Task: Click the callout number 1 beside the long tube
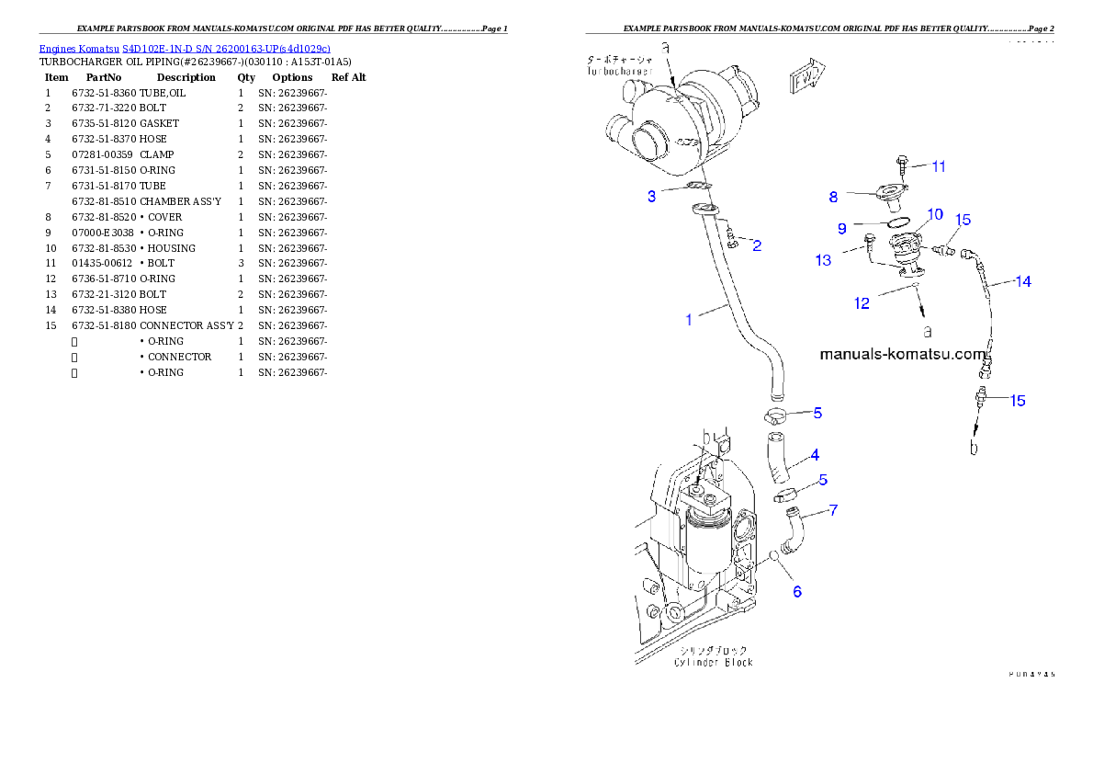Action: tap(688, 320)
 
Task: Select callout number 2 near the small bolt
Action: tap(757, 245)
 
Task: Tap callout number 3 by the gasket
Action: tap(651, 196)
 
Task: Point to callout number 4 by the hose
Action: tap(815, 454)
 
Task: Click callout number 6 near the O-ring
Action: tap(797, 591)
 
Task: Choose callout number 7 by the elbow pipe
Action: tap(833, 509)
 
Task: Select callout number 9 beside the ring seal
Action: tap(841, 227)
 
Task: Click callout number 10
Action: tap(934, 214)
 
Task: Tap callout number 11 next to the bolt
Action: tap(938, 166)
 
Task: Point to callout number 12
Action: tap(862, 303)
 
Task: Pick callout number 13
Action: tap(823, 260)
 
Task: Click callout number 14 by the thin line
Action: tap(1022, 281)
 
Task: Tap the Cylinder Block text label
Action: tap(713, 662)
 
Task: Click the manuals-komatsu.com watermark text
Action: tap(901, 353)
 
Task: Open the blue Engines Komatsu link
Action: tap(185, 48)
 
